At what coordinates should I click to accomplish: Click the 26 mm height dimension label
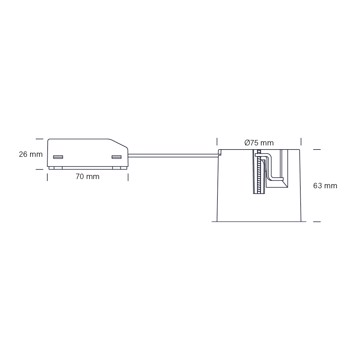pyautogui.click(x=31, y=154)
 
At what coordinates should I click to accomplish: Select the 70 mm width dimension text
pyautogui.click(x=87, y=177)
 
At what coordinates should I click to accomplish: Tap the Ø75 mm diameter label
pyautogui.click(x=259, y=143)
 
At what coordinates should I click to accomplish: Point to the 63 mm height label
pyautogui.click(x=325, y=186)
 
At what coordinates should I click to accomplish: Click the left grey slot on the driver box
pyautogui.click(x=58, y=157)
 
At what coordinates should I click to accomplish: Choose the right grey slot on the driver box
pyautogui.click(x=116, y=157)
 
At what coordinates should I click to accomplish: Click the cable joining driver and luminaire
pyautogui.click(x=173, y=155)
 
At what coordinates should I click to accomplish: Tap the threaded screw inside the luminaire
pyautogui.click(x=258, y=173)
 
